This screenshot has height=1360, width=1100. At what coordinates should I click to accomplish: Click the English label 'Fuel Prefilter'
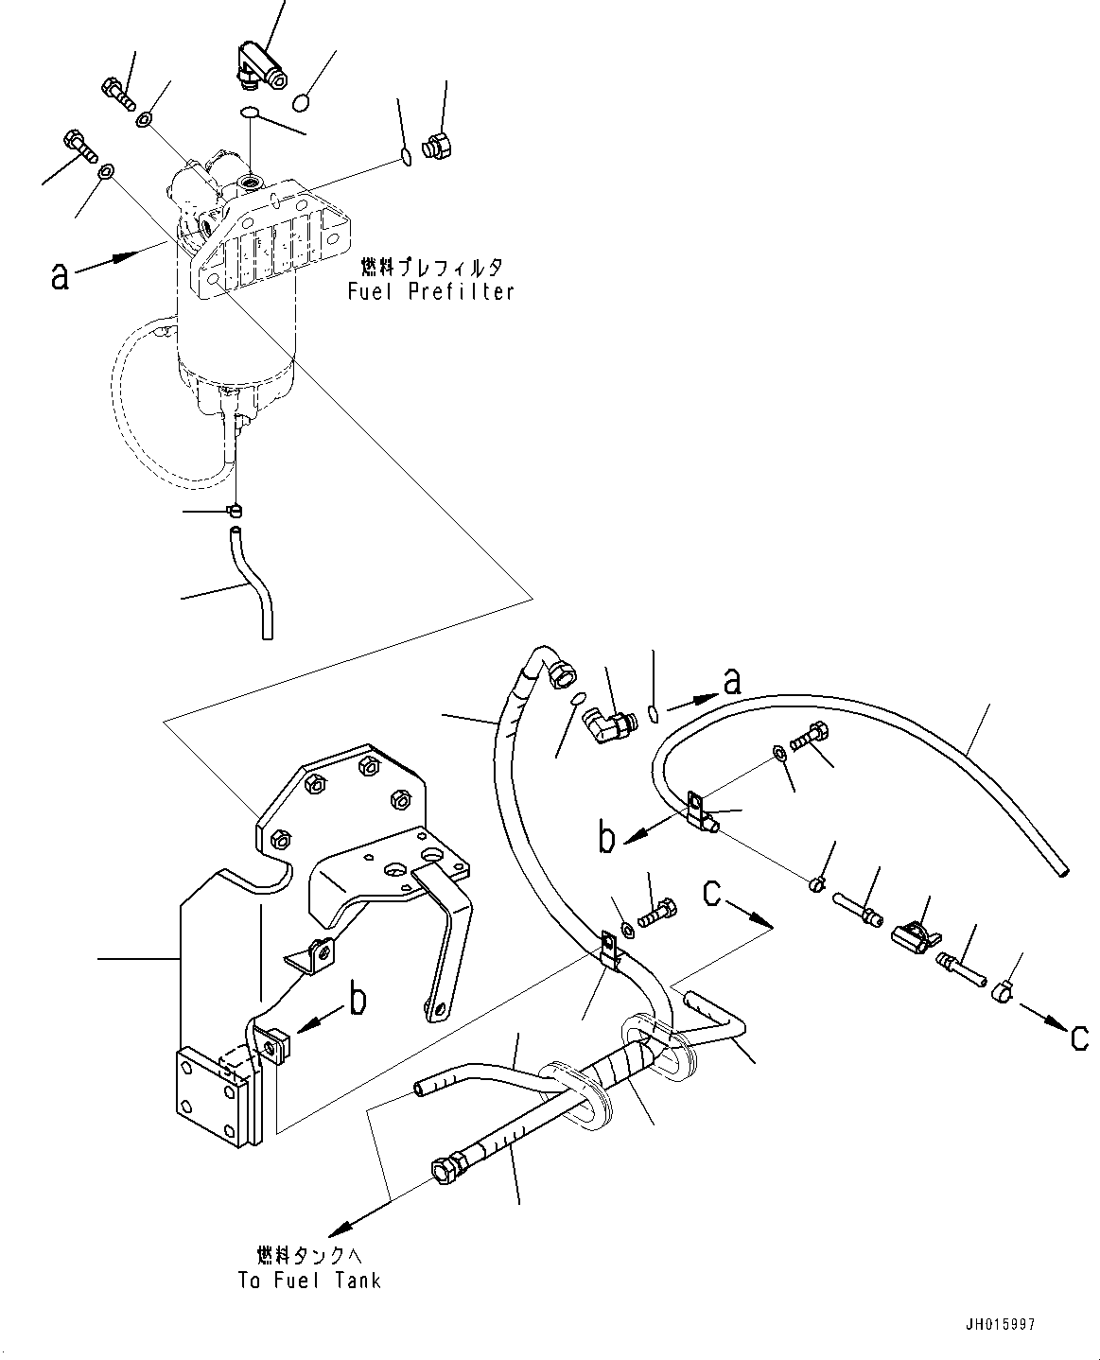pyautogui.click(x=430, y=291)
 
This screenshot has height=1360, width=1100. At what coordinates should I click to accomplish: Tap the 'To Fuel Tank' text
pyautogui.click(x=309, y=1281)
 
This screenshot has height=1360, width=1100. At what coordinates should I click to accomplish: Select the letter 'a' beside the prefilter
pyautogui.click(x=60, y=275)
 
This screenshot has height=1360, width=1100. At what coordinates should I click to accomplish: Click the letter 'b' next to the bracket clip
pyautogui.click(x=358, y=1001)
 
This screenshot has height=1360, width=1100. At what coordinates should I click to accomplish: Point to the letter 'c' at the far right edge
pyautogui.click(x=1078, y=1037)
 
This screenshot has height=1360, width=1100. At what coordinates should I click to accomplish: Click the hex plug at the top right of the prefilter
pyautogui.click(x=439, y=148)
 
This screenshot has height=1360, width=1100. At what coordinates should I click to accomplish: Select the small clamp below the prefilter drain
pyautogui.click(x=236, y=512)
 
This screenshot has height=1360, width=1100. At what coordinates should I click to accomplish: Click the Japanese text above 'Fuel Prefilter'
pyautogui.click(x=430, y=268)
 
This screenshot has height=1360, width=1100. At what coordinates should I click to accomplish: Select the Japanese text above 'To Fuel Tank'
pyautogui.click(x=309, y=1256)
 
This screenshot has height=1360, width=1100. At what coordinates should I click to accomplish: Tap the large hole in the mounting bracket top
pyautogui.click(x=432, y=856)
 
